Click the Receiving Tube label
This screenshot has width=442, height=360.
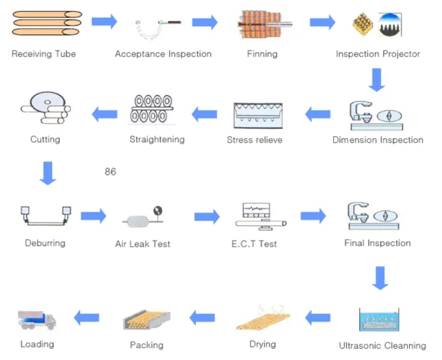click(44, 54)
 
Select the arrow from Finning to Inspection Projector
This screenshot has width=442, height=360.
click(323, 22)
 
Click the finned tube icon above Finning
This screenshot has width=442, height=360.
click(264, 24)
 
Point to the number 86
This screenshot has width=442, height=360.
click(110, 172)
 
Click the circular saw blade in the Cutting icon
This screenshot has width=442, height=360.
click(47, 102)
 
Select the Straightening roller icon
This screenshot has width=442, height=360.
click(152, 109)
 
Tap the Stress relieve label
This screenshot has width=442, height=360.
click(254, 140)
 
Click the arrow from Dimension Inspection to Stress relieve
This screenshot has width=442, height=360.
click(318, 114)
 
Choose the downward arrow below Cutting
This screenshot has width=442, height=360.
click(48, 173)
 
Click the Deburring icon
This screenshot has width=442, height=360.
click(45, 216)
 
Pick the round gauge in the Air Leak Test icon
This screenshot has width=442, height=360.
click(158, 211)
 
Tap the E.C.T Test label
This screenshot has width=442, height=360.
click(254, 244)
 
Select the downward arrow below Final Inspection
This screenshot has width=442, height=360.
click(380, 278)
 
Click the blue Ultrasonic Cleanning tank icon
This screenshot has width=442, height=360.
click(379, 320)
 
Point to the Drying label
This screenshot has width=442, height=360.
click(262, 344)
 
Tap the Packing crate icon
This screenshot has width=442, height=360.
click(147, 320)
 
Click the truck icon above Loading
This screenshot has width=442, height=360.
click(37, 320)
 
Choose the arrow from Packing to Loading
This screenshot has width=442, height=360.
click(86, 318)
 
